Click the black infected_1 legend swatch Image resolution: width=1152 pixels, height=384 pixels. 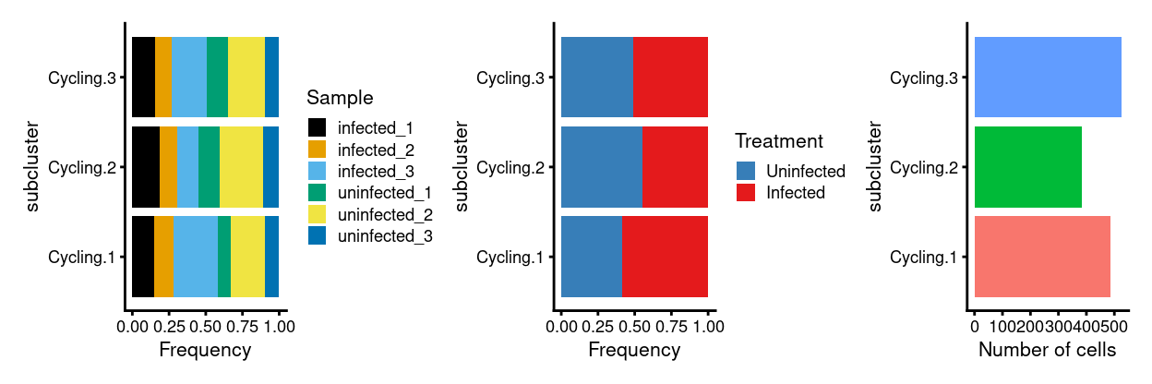[318, 126]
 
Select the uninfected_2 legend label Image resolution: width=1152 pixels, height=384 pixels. [385, 215]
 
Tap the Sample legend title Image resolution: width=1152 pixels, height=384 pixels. [340, 97]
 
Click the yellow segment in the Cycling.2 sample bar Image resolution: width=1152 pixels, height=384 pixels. [241, 167]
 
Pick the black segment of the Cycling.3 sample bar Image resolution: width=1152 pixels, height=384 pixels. [143, 78]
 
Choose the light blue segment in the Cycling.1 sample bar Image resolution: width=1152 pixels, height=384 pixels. [195, 257]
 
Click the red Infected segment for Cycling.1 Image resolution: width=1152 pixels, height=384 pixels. [665, 257]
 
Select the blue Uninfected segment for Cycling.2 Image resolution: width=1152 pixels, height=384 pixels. [601, 167]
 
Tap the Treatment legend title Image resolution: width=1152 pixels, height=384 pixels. [779, 141]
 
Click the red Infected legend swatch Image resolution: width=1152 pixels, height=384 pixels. [746, 193]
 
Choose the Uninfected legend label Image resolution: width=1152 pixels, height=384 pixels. [806, 171]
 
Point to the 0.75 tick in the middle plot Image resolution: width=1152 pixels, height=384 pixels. [671, 326]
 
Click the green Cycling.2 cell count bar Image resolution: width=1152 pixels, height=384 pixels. [1027, 167]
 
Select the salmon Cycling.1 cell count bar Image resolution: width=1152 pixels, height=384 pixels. [1042, 257]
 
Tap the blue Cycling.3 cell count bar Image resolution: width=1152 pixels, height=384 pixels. [1048, 78]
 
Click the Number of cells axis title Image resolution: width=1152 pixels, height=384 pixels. [1047, 351]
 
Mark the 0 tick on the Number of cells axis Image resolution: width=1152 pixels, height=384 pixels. [975, 326]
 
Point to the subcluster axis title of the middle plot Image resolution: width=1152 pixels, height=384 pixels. [462, 167]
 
